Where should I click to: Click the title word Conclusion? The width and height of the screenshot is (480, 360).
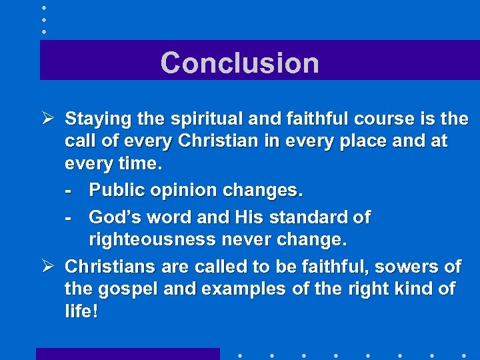pyautogui.click(x=239, y=63)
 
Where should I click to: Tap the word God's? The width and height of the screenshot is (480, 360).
pyautogui.click(x=115, y=217)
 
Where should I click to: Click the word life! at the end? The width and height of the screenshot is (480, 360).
pyautogui.click(x=81, y=311)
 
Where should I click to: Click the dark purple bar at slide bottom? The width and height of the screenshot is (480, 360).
pyautogui.click(x=127, y=354)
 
